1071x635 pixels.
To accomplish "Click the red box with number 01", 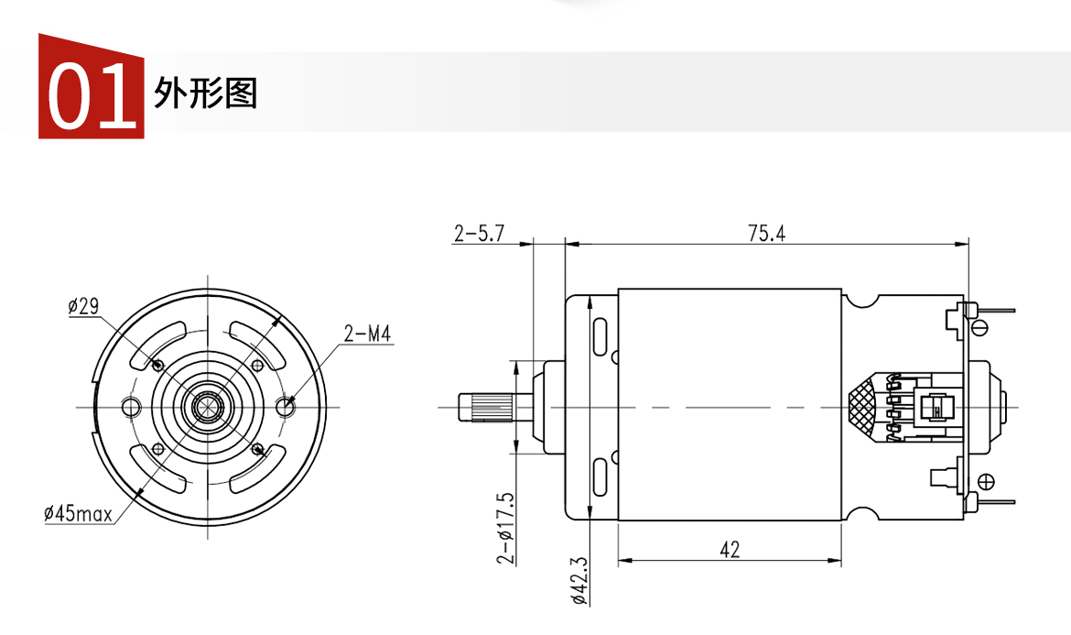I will click(91, 88).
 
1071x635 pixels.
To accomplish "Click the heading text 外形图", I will click(206, 93).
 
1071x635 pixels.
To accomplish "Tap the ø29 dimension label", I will click(83, 307).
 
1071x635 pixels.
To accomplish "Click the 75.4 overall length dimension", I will click(766, 233).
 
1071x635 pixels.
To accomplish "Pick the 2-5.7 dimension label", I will click(480, 234).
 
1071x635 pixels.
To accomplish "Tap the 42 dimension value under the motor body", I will click(730, 550).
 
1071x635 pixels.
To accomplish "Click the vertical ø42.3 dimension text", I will click(578, 580).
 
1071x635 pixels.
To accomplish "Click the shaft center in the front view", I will click(208, 407).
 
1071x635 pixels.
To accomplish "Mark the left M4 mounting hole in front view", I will click(130, 405).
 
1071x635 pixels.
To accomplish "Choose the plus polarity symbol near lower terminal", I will click(987, 482).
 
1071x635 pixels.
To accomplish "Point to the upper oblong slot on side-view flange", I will click(600, 336).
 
